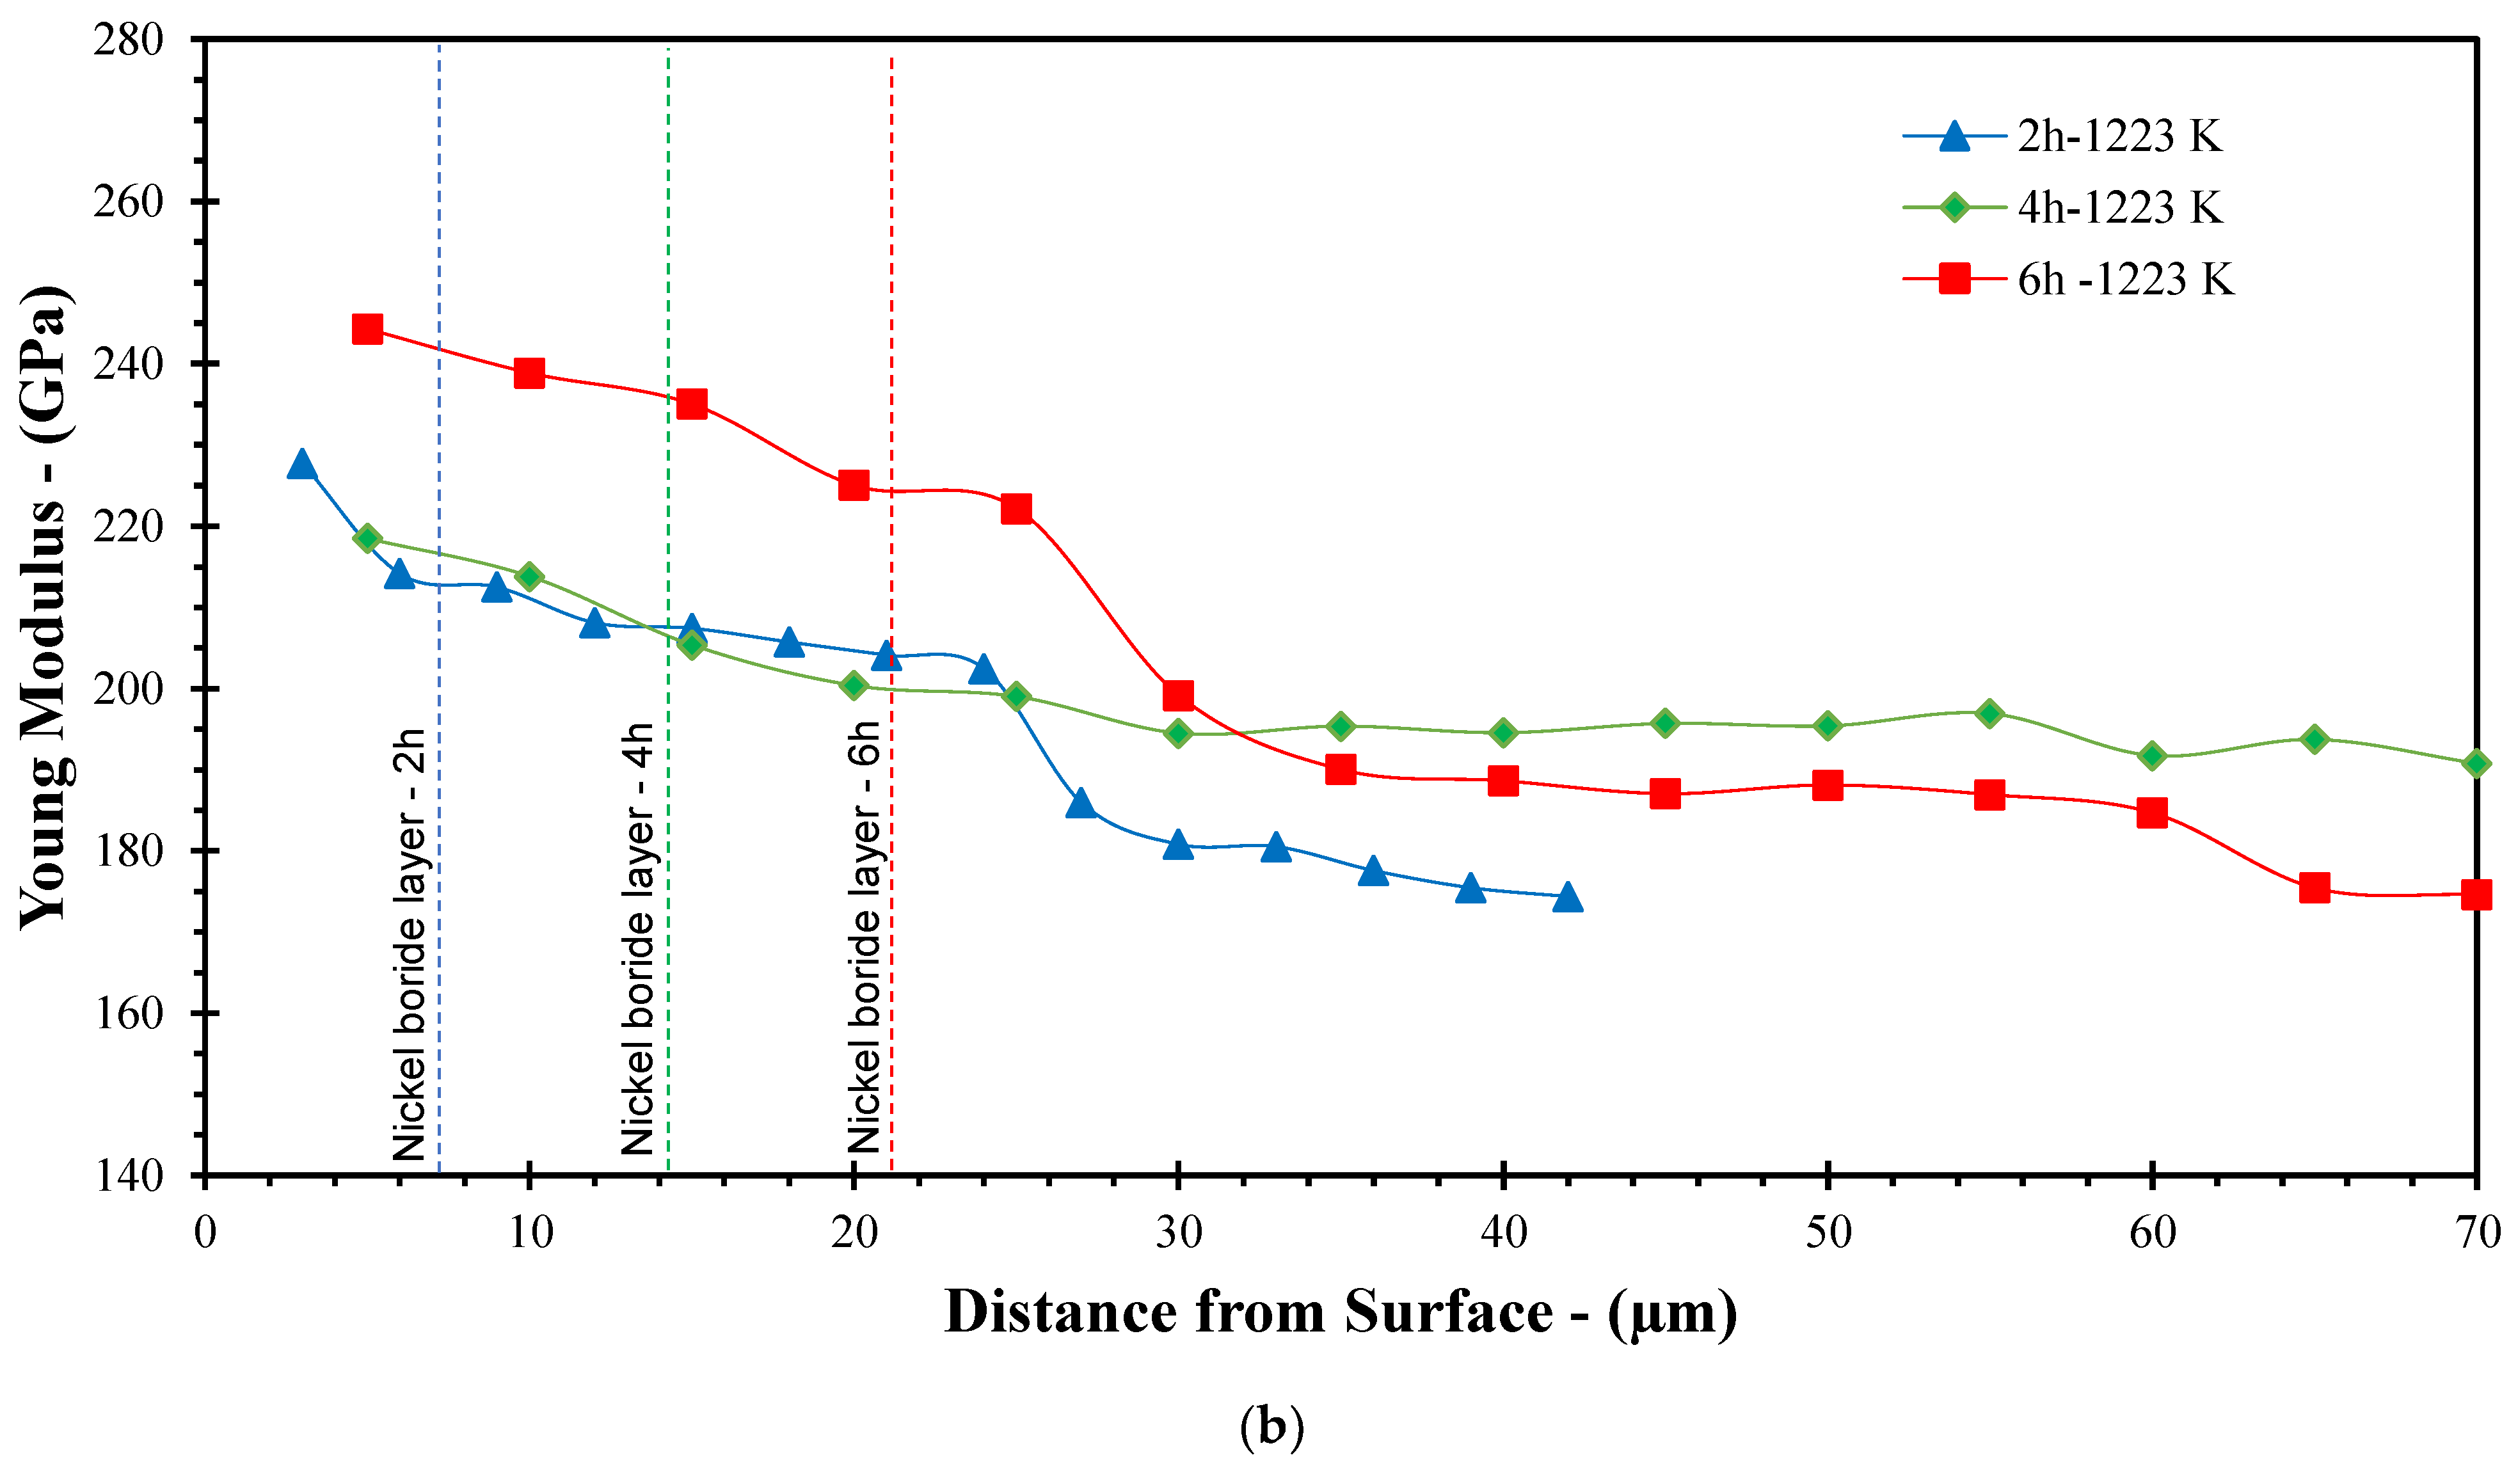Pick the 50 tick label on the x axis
(1828, 1232)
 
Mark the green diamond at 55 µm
(1989, 713)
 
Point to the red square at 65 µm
(2314, 887)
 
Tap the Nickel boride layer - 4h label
(637, 939)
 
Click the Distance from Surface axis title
(1340, 1313)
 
